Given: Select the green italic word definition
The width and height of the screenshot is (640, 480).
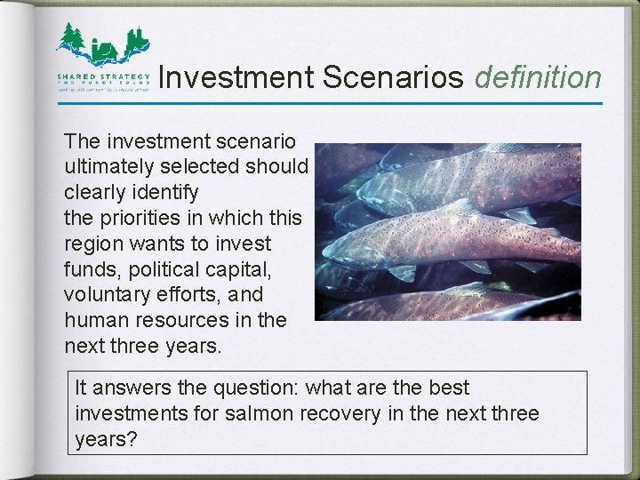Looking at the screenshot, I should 538,78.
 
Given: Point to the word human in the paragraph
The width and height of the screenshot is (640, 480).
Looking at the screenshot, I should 92,320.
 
